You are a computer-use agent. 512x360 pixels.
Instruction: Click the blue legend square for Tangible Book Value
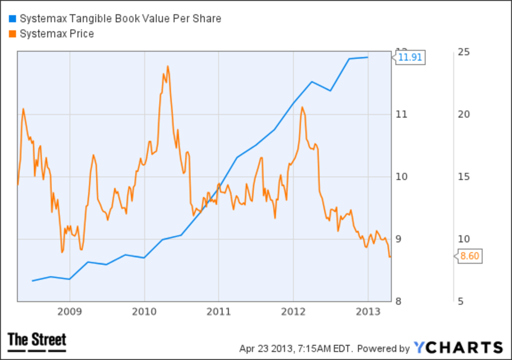coord(12,19)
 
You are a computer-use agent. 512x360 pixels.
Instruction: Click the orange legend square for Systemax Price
coord(12,34)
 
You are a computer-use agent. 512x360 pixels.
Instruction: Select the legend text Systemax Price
coord(57,34)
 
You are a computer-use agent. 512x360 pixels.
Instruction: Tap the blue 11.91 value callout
coord(410,57)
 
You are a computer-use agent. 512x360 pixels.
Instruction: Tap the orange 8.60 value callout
coord(470,256)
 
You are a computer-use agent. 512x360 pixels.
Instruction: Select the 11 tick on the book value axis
coord(401,114)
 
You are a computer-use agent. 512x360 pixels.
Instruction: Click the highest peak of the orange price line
coord(168,66)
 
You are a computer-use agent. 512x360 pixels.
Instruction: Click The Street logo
coord(37,342)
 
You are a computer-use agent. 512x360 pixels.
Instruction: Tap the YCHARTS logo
coord(458,347)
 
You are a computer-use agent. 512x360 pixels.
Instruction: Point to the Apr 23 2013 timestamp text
coord(296,348)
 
